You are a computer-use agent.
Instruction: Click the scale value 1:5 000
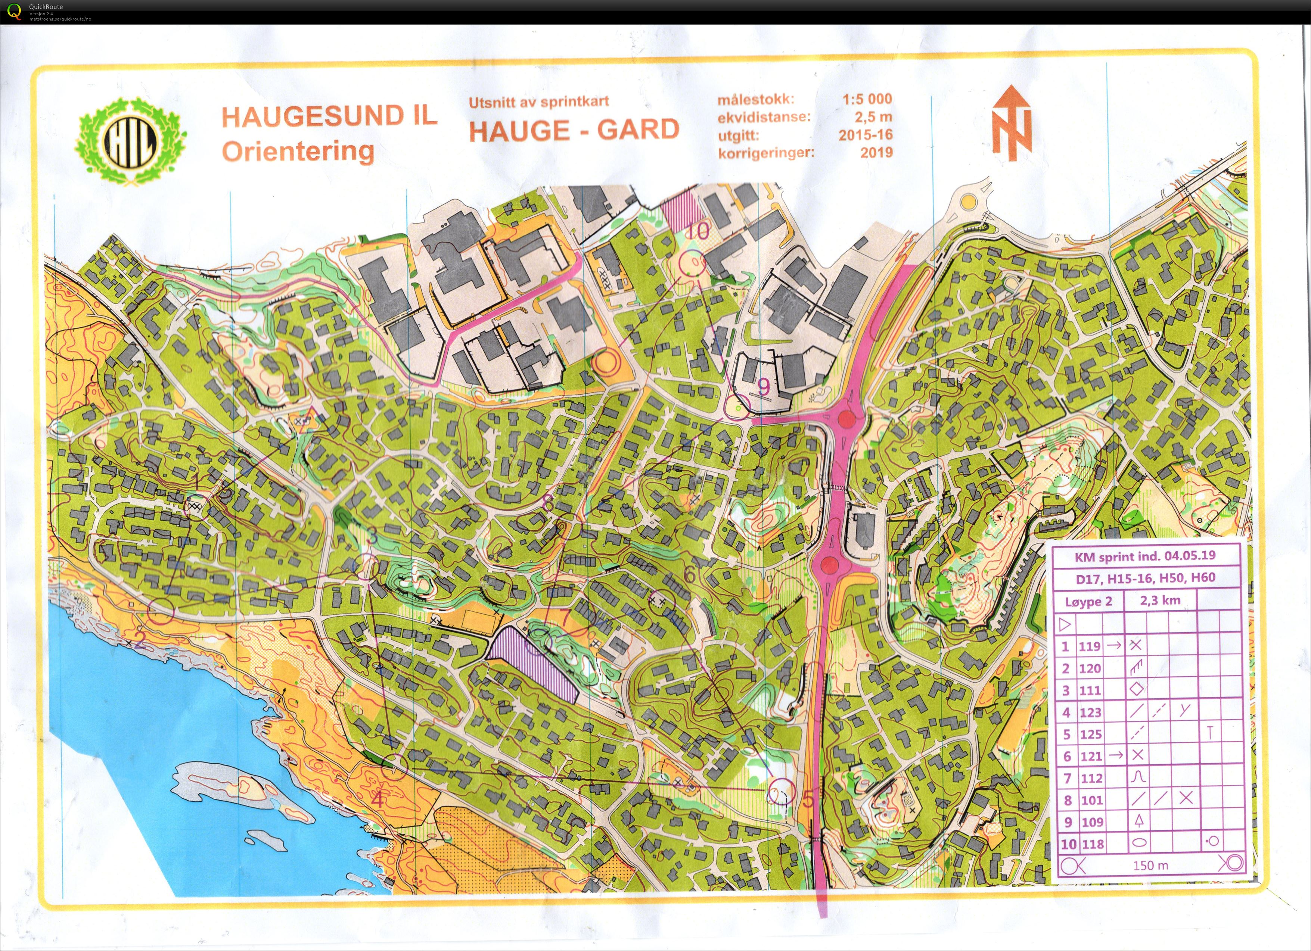[x=867, y=99]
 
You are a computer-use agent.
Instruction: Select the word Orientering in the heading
[x=298, y=152]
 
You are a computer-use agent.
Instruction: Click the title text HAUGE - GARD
[x=574, y=130]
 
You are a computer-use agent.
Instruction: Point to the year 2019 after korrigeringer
[x=876, y=153]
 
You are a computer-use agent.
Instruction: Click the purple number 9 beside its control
[x=763, y=387]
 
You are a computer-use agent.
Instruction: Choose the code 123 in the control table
[x=1090, y=713]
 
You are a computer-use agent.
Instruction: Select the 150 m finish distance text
[x=1150, y=865]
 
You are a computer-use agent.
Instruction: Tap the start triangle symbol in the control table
[x=1065, y=624]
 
